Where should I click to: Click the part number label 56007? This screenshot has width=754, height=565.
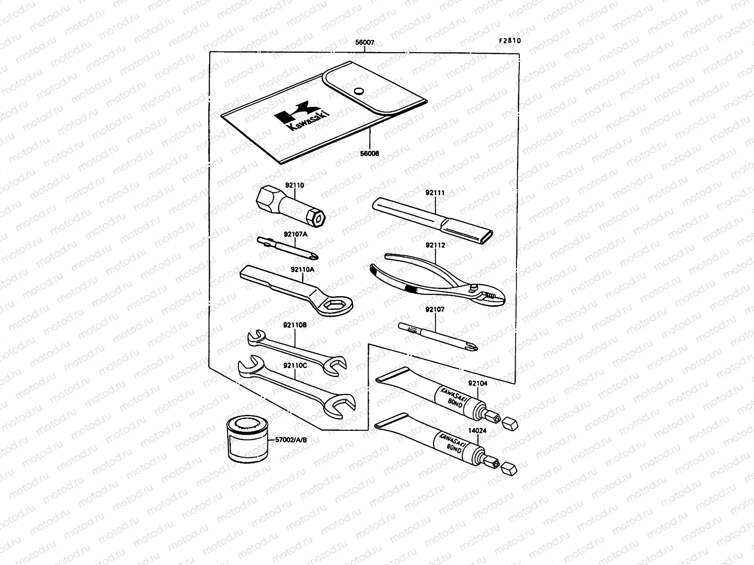(x=365, y=43)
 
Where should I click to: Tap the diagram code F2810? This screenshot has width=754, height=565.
(x=510, y=40)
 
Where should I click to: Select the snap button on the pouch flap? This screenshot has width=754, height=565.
(x=359, y=91)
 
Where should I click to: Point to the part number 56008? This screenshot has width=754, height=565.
(x=369, y=153)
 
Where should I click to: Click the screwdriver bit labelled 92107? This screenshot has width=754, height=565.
(x=438, y=336)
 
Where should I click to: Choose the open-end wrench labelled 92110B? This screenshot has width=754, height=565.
(x=296, y=352)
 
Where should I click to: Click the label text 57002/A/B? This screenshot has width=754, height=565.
(x=291, y=440)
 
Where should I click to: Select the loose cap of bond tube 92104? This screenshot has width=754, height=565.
(x=511, y=423)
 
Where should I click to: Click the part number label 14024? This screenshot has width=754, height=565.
(x=478, y=430)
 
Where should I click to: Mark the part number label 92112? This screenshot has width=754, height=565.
(x=435, y=245)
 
